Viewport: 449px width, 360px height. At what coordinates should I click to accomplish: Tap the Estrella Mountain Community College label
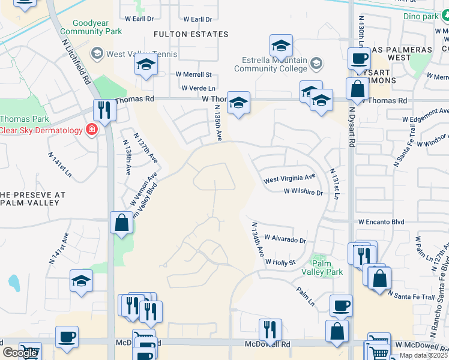tap(270, 64)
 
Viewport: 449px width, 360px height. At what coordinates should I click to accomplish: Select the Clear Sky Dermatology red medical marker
tap(91, 130)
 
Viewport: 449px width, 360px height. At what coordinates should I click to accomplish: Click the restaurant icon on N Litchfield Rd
tap(104, 110)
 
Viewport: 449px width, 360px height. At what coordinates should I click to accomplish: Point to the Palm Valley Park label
tap(327, 267)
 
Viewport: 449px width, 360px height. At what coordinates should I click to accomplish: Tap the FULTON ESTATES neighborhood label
tap(191, 34)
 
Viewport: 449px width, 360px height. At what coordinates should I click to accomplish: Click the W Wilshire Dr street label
tap(303, 193)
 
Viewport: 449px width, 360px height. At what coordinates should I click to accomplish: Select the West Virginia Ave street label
tap(289, 178)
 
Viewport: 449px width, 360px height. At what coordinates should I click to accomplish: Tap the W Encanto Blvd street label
tap(381, 221)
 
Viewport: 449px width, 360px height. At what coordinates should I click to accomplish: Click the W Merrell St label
tap(193, 74)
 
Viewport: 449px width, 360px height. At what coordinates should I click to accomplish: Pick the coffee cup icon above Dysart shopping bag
tap(359, 59)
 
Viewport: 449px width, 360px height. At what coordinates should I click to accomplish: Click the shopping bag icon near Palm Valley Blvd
tap(121, 223)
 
